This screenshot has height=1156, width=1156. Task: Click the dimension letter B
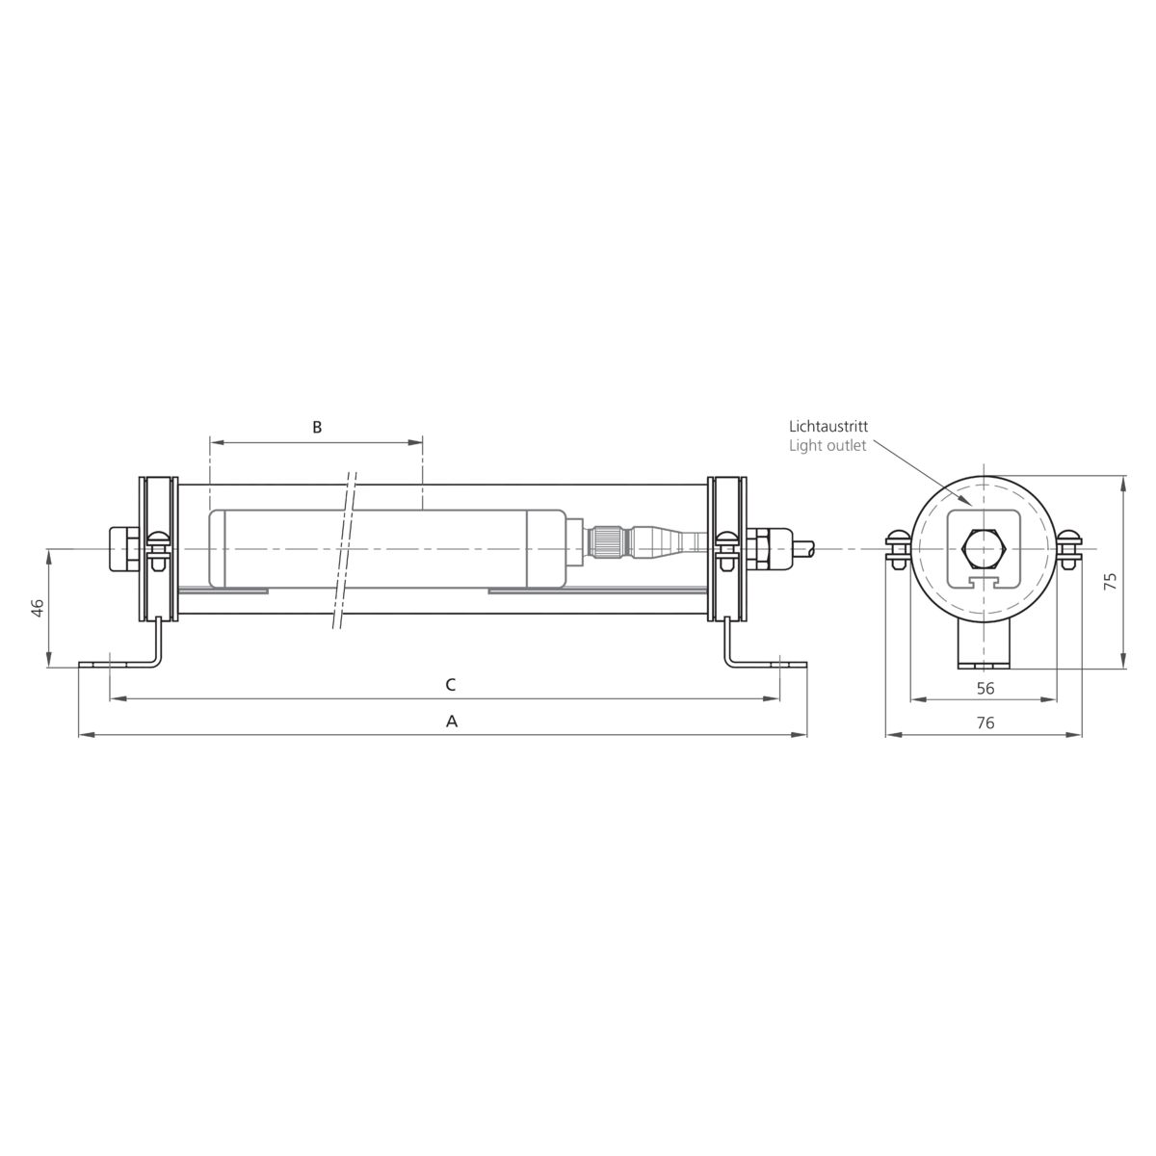point(317,427)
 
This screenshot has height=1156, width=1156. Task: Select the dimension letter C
point(451,685)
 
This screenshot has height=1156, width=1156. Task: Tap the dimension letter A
point(451,722)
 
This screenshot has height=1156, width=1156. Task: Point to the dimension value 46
point(38,608)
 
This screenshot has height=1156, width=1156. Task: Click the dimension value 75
point(1111,581)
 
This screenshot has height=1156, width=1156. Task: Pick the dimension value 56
point(985,688)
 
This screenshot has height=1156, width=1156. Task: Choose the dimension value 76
point(985,722)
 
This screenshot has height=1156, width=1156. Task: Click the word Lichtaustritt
point(828,427)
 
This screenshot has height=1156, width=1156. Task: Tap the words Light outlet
point(828,446)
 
